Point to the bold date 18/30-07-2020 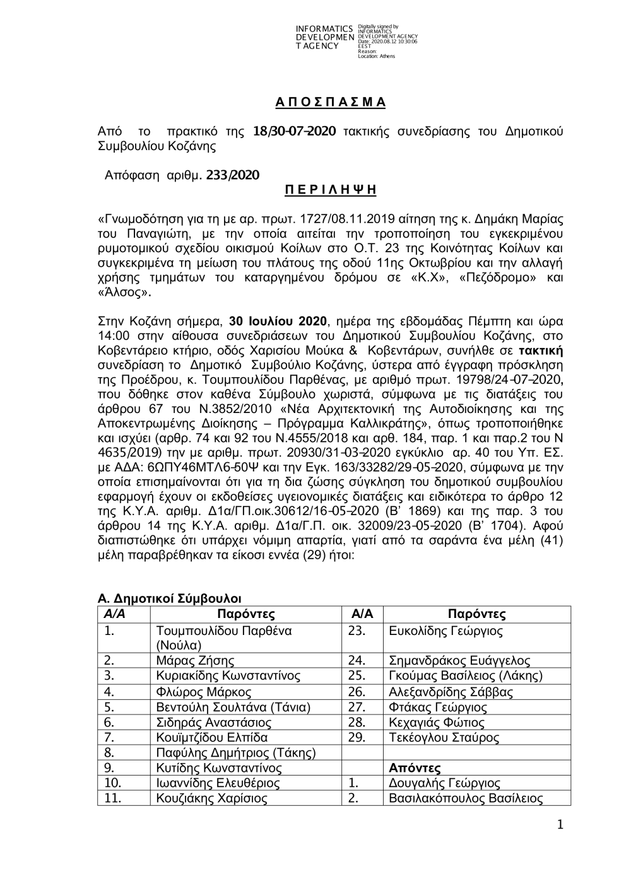pyautogui.click(x=294, y=131)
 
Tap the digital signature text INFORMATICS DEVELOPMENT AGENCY pyautogui.click(x=324, y=38)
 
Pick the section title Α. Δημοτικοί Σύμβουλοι pyautogui.click(x=169, y=598)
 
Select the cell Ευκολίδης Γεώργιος pyautogui.click(x=445, y=631)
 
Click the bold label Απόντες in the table pyautogui.click(x=415, y=768)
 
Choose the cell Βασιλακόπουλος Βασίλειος pyautogui.click(x=466, y=798)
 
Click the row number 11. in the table pyautogui.click(x=113, y=798)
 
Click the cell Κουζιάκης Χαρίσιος pyautogui.click(x=211, y=798)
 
